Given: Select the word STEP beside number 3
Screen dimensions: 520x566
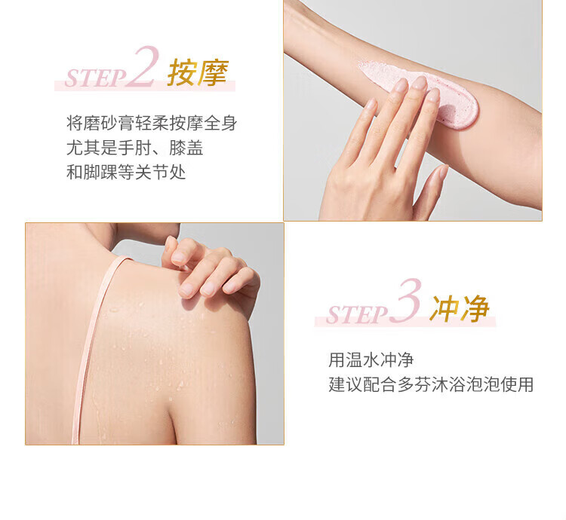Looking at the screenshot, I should click(x=356, y=315).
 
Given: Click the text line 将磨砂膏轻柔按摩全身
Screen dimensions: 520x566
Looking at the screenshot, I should click(x=152, y=124).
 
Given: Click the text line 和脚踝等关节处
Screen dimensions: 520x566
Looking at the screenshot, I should click(x=126, y=173).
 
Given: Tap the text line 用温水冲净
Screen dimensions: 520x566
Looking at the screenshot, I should click(x=371, y=359).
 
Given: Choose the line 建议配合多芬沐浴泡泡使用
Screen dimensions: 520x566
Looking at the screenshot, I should click(x=431, y=384).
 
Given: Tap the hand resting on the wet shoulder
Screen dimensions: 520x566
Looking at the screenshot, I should click(x=211, y=268).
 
